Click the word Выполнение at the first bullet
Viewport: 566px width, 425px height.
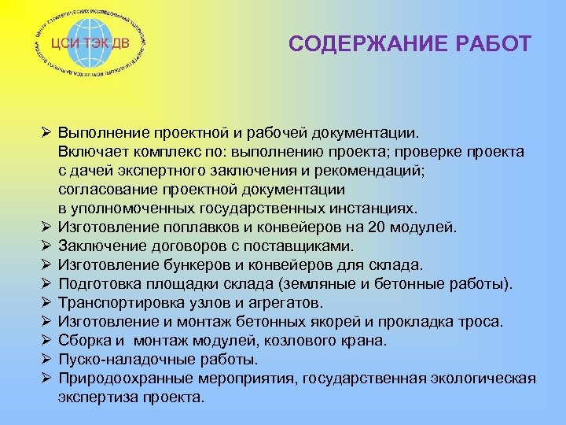tap(100, 133)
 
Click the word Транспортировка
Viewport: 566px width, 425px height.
tap(116, 303)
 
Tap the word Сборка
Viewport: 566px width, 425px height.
tap(83, 341)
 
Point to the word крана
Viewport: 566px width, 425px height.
tap(367, 341)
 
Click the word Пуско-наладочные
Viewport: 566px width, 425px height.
tap(119, 360)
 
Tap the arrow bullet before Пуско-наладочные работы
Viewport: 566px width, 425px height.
tap(46, 360)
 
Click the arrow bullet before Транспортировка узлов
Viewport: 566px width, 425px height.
tap(46, 303)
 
